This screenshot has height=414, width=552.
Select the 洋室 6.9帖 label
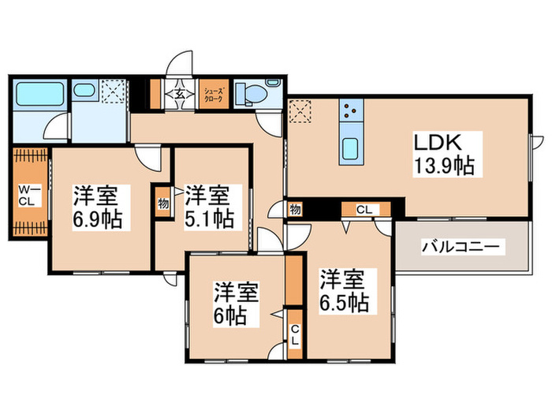click(x=98, y=207)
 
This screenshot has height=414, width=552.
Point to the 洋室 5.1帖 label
click(x=209, y=207)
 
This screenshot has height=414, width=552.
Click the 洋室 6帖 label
click(x=233, y=305)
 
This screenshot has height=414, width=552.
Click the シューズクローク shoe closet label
click(x=214, y=95)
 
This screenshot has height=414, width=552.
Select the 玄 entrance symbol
click(x=179, y=95)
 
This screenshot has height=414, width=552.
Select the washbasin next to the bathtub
click(x=83, y=91)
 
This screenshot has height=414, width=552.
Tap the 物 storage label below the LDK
click(x=295, y=210)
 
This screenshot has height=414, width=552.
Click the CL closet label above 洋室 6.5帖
click(x=364, y=210)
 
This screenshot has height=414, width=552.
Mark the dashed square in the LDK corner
click(x=300, y=113)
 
